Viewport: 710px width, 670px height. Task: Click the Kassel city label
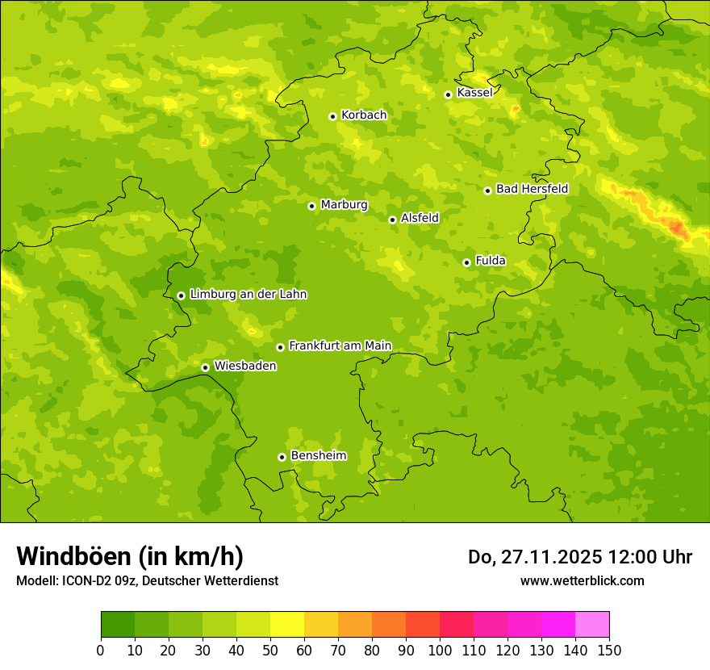[x=474, y=93]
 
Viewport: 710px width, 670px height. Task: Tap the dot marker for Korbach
[x=332, y=116]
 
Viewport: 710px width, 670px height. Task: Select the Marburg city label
[x=344, y=205]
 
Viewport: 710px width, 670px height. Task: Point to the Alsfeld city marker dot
[x=392, y=220]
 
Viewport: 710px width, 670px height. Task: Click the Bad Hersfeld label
[x=532, y=189]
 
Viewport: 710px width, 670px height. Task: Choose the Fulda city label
[x=491, y=261]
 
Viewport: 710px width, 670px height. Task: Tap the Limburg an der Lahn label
[x=248, y=295]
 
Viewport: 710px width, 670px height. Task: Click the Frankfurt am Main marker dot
[x=280, y=347]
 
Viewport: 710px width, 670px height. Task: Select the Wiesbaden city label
[x=245, y=366]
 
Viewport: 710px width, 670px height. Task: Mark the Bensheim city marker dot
[x=282, y=457]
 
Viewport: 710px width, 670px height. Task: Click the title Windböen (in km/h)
[x=130, y=556]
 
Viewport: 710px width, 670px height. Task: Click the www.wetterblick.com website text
[x=582, y=580]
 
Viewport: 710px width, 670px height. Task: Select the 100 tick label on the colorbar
[x=440, y=650]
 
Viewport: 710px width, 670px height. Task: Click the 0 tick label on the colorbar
[x=101, y=650]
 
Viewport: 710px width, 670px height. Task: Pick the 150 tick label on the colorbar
[x=609, y=650]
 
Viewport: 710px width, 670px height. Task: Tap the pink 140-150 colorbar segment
[x=592, y=625]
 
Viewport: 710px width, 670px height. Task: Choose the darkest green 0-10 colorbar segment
[x=118, y=625]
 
